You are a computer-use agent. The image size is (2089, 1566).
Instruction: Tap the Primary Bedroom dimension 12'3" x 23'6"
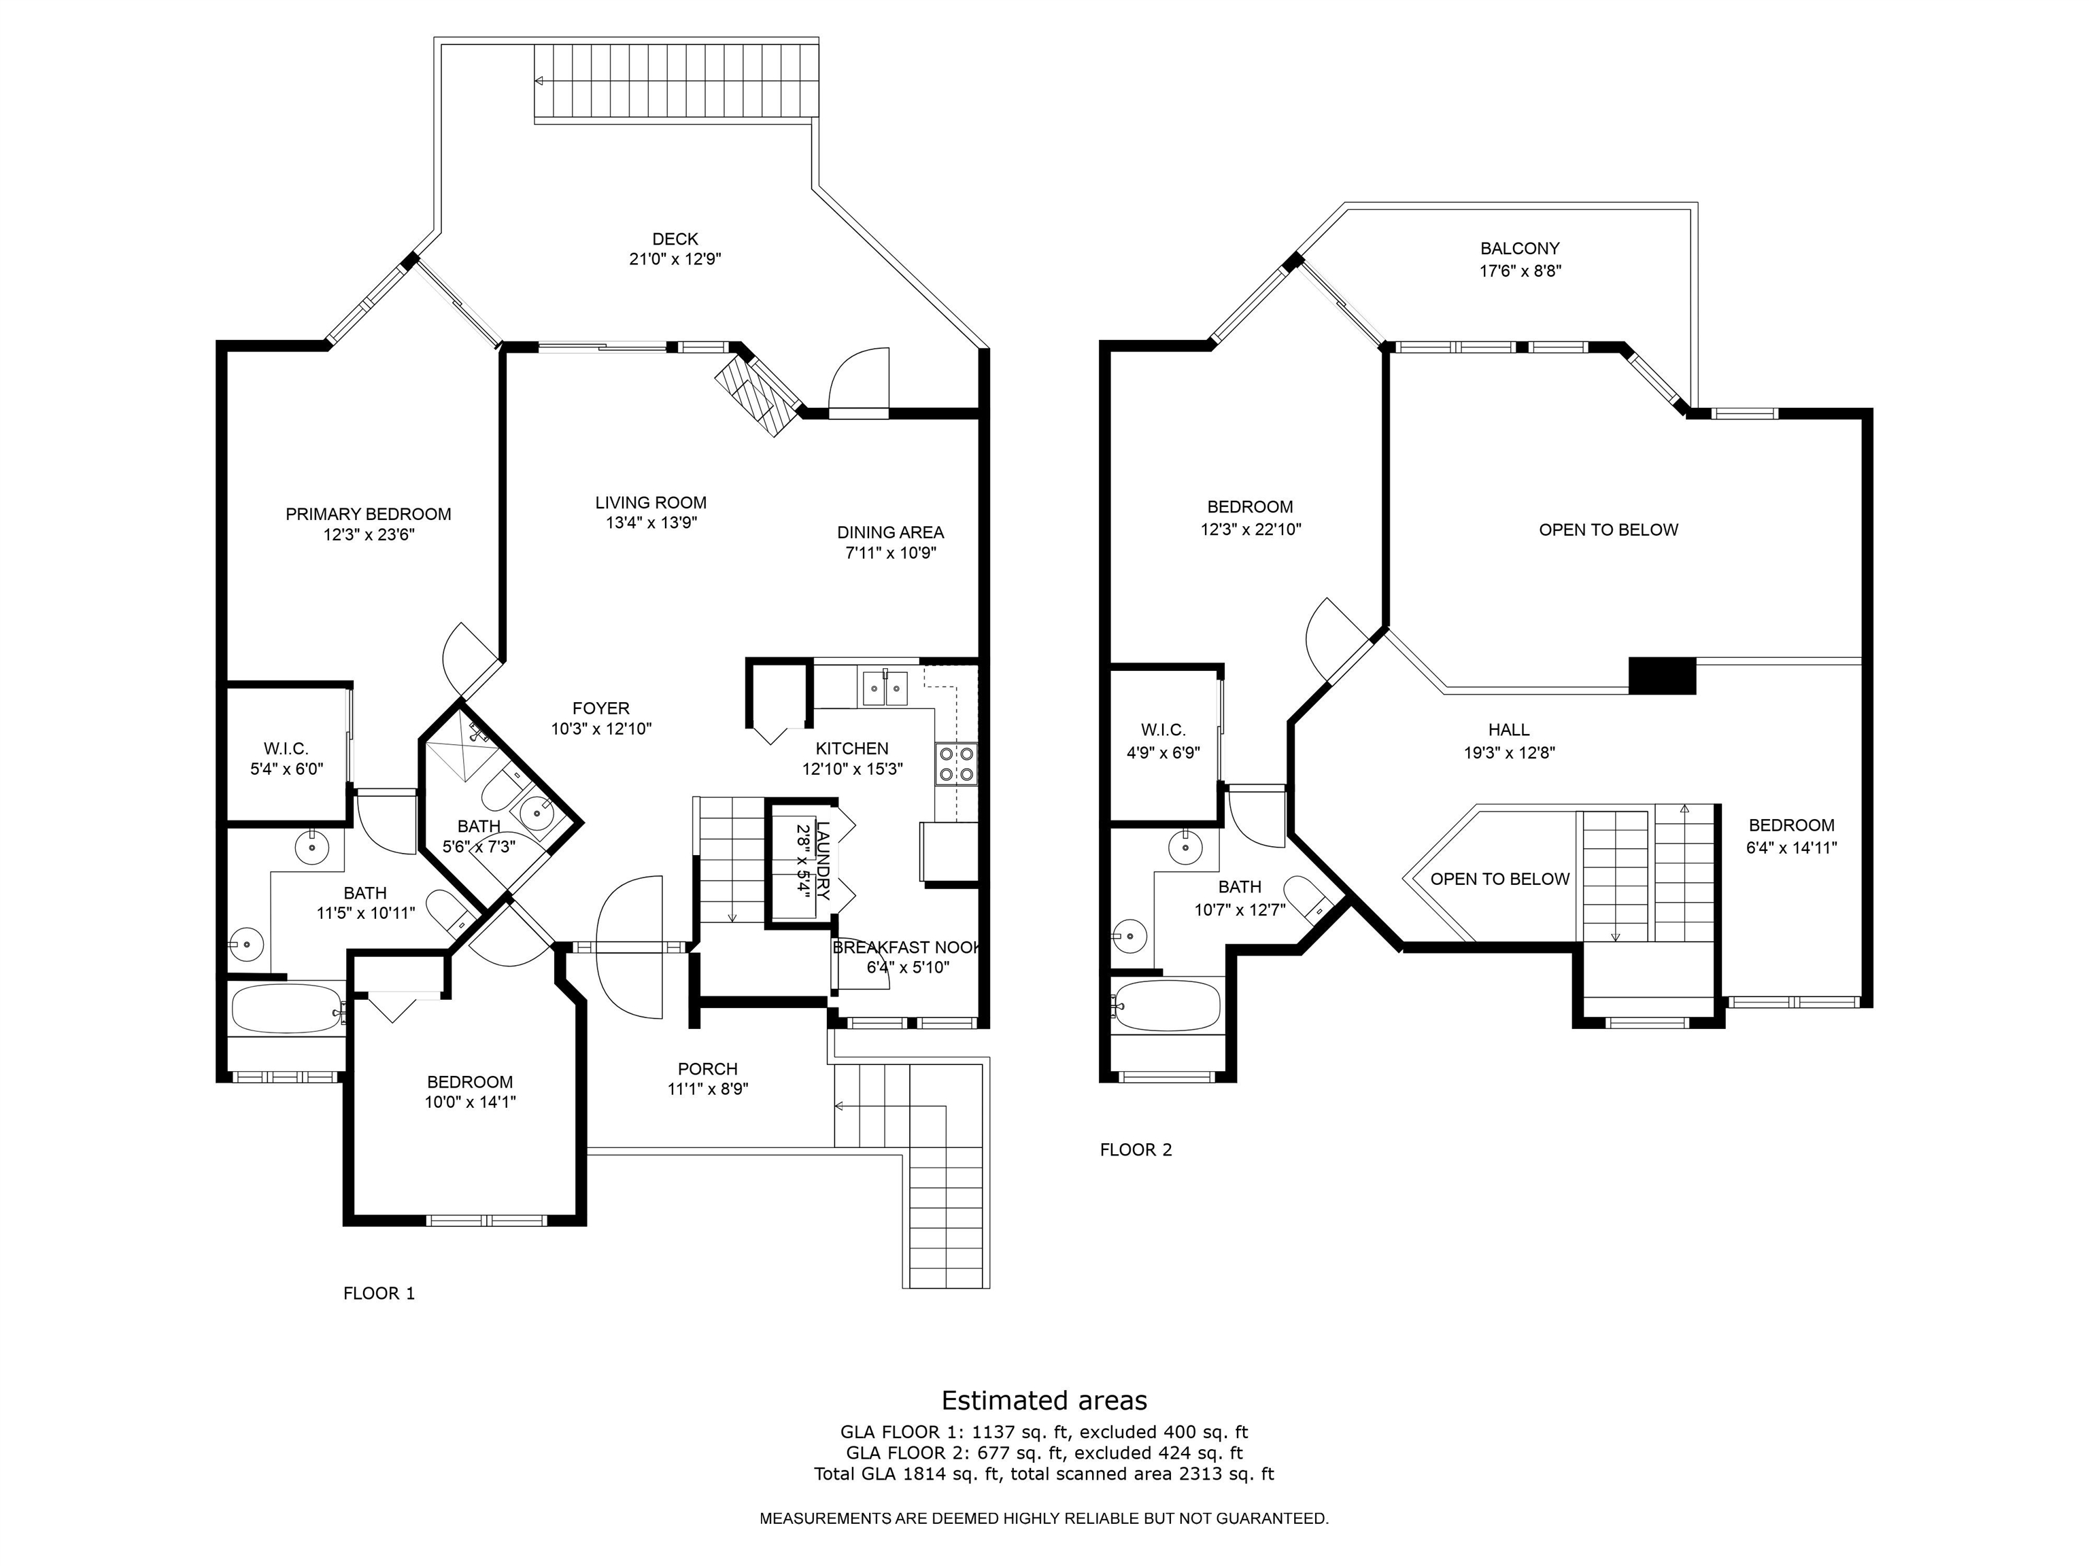(369, 535)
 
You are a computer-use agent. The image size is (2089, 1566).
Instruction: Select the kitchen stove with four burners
(955, 764)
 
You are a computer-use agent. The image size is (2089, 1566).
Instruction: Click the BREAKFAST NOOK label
(906, 947)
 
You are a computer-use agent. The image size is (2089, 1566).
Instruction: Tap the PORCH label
(707, 1068)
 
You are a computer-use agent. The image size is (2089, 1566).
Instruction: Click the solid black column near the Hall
(1662, 675)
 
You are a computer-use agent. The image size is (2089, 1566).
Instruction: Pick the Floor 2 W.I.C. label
(1163, 730)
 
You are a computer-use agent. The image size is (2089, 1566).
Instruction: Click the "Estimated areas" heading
(1044, 1400)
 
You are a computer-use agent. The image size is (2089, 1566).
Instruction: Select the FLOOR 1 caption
(379, 1293)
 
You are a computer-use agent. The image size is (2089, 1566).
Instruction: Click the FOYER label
(600, 709)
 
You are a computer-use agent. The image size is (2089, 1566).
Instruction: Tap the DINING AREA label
(889, 532)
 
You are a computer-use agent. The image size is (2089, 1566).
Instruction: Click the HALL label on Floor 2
(1508, 730)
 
